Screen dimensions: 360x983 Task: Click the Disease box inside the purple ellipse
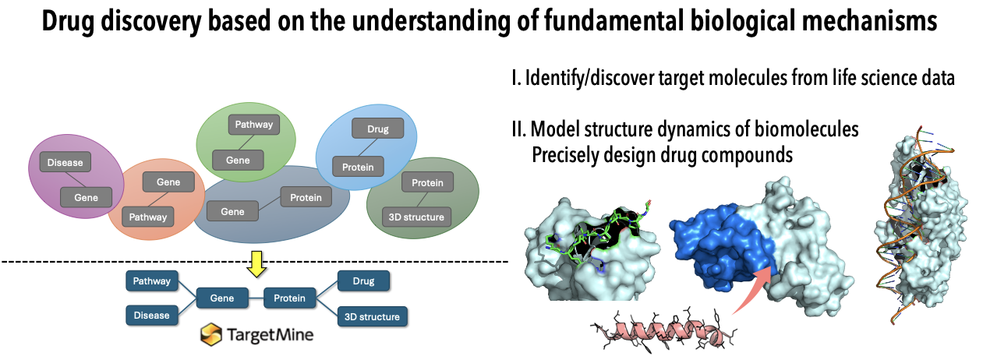point(65,163)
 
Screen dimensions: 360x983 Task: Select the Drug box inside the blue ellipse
point(371,129)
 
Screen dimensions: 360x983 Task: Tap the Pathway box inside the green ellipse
point(254,124)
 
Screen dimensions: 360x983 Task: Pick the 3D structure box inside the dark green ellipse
point(416,217)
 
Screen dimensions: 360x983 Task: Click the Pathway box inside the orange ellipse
point(147,217)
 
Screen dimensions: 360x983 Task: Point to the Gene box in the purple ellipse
point(87,197)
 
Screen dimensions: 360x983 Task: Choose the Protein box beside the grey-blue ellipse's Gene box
point(306,197)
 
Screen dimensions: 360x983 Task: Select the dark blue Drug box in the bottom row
point(363,280)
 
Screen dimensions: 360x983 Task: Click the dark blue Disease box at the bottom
point(151,316)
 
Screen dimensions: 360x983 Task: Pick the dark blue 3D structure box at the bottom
point(372,316)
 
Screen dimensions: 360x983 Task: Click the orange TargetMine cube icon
point(211,336)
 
